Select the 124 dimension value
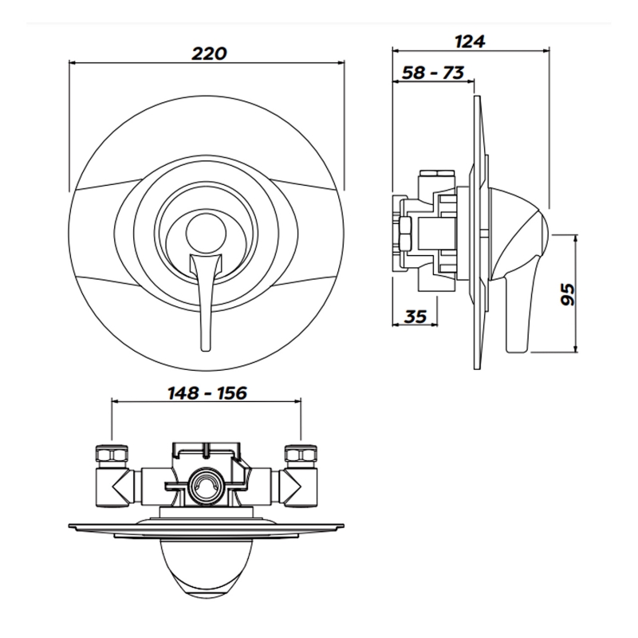click(x=471, y=40)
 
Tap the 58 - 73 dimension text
click(x=433, y=73)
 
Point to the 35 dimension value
click(x=415, y=316)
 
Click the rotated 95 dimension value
click(x=567, y=293)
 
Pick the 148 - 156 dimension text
click(x=207, y=393)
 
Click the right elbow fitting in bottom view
click(x=297, y=483)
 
